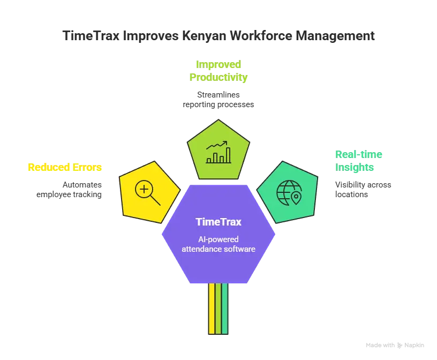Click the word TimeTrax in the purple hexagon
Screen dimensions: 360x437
point(218,221)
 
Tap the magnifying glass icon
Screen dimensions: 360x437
point(148,193)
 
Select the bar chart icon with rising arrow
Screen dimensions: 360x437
point(218,152)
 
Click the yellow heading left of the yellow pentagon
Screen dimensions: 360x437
point(64,167)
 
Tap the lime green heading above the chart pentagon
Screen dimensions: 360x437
point(218,71)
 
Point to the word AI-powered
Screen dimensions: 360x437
point(218,239)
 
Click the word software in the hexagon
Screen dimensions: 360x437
point(238,249)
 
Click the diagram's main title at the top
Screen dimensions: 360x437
point(218,37)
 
